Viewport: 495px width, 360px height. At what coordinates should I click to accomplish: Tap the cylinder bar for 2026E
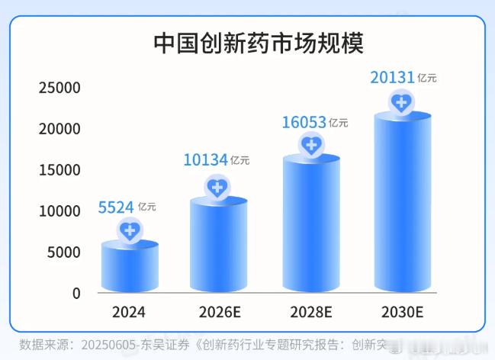click(x=218, y=248)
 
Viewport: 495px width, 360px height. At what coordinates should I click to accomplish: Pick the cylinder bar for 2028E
click(x=311, y=225)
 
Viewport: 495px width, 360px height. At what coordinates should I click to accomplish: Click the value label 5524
click(x=116, y=206)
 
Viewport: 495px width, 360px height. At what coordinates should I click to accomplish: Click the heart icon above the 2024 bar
click(x=130, y=230)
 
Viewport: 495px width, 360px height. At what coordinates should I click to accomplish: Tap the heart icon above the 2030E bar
click(x=402, y=101)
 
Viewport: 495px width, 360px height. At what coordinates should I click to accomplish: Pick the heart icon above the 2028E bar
click(x=311, y=144)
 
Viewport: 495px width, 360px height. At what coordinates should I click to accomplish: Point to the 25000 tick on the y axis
click(x=59, y=88)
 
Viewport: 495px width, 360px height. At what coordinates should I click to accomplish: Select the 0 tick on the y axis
click(x=76, y=293)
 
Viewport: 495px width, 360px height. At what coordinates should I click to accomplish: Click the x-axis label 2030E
click(x=402, y=312)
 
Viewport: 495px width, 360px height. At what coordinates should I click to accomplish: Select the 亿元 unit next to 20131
click(x=427, y=78)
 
